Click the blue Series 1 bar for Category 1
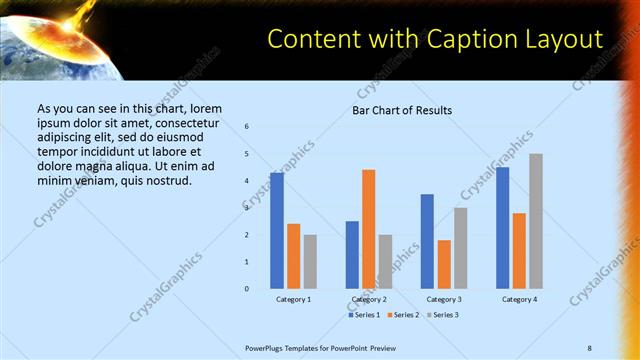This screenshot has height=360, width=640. pos(277,230)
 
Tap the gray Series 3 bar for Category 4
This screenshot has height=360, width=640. pos(535,221)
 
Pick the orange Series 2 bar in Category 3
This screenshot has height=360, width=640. pos(443,264)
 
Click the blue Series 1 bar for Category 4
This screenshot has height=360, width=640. pos(502,228)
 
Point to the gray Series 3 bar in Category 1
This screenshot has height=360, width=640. pos(310,261)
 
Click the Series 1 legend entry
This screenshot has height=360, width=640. pos(365,315)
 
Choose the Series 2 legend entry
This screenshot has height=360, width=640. pos(402,315)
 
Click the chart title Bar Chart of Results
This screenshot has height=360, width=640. pos(402,110)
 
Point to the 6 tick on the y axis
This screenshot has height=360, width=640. pos(247,126)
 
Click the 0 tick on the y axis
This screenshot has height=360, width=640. pos(247,288)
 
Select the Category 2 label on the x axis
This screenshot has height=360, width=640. pos(369,299)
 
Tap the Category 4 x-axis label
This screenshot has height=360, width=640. pos(519,299)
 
